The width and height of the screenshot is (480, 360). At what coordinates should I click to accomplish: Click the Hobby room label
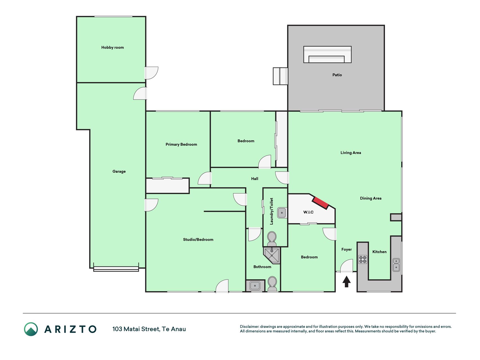tap(112, 48)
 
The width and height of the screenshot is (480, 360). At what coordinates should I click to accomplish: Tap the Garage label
tap(119, 171)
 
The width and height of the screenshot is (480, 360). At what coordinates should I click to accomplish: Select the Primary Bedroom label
tap(181, 144)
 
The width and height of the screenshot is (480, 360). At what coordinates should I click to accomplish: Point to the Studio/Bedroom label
tap(198, 240)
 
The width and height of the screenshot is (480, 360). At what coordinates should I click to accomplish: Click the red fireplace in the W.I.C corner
tap(321, 203)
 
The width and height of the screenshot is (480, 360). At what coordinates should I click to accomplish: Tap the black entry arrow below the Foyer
tap(346, 282)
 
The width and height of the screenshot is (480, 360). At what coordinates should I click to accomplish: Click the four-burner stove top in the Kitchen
tap(363, 259)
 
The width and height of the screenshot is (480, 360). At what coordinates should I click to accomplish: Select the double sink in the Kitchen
tap(396, 265)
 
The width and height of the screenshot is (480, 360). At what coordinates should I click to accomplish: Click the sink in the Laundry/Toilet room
tap(282, 213)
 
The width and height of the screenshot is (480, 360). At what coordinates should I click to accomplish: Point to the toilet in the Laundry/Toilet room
tap(272, 239)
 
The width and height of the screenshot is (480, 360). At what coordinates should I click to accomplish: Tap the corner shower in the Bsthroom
tap(272, 255)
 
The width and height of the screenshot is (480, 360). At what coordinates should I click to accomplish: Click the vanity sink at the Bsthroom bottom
tap(255, 286)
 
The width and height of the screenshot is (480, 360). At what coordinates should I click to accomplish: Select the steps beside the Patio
tap(280, 76)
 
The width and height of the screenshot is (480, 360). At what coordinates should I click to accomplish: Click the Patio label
tap(337, 75)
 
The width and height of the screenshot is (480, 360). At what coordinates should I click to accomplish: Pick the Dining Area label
tap(371, 198)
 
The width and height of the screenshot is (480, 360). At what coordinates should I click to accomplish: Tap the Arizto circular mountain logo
tap(31, 329)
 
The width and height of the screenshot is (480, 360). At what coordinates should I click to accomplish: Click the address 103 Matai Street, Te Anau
tap(149, 329)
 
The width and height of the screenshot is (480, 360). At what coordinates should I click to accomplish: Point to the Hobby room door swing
tap(151, 73)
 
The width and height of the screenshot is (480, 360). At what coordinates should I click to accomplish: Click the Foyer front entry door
tap(346, 266)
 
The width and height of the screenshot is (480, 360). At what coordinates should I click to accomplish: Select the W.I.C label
tap(308, 212)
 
